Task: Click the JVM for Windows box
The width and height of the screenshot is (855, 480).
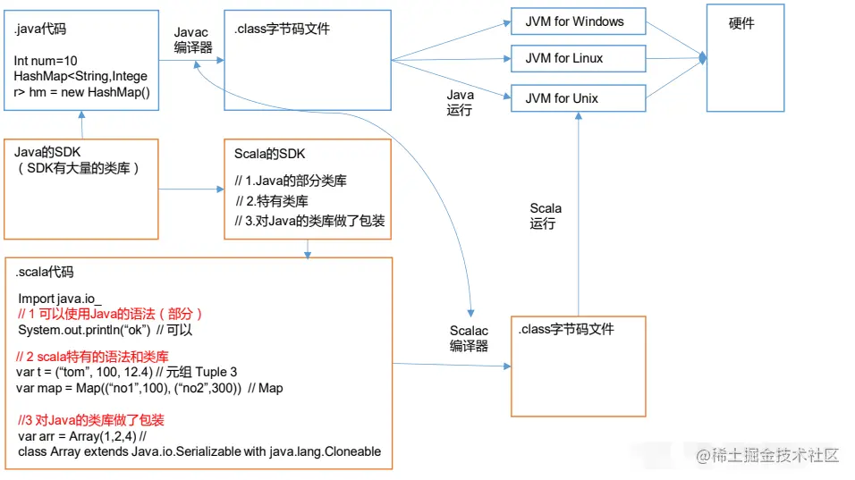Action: click(x=578, y=21)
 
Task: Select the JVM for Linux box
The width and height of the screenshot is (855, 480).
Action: click(x=578, y=59)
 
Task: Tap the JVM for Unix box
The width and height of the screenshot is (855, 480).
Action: click(x=578, y=98)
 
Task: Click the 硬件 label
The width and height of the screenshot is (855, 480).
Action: click(x=741, y=24)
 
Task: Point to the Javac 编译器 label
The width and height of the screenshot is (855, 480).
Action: click(x=191, y=40)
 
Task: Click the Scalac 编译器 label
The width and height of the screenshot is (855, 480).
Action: click(x=469, y=339)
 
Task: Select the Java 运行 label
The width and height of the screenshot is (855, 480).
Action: click(x=460, y=103)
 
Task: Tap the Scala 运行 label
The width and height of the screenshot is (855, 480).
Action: click(x=545, y=216)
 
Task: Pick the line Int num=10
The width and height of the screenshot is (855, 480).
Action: click(x=46, y=61)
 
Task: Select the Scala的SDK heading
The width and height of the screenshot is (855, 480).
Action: click(x=269, y=155)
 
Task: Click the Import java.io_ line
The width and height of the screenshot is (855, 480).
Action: click(x=62, y=298)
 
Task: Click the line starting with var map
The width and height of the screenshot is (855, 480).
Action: click(x=149, y=387)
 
